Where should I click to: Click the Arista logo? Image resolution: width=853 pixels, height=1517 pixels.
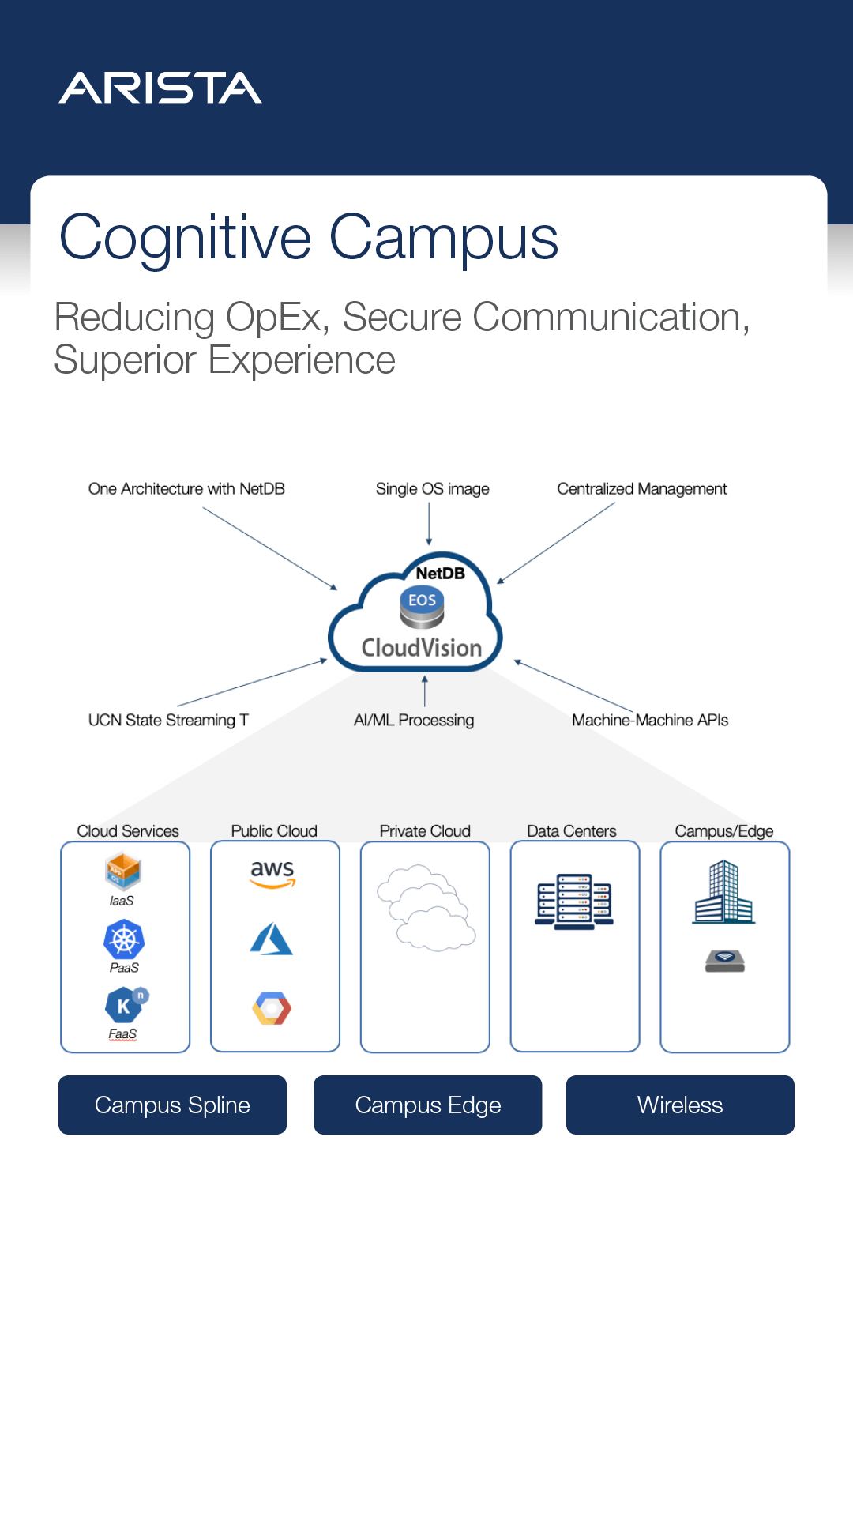point(160,88)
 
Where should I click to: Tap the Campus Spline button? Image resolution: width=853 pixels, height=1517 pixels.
point(172,1105)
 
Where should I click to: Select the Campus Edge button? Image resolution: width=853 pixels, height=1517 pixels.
point(427,1105)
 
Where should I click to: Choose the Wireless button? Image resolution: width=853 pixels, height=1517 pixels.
point(680,1105)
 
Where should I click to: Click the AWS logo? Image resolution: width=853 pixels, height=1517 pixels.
point(272,873)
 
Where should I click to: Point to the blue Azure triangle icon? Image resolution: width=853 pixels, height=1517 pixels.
point(272,939)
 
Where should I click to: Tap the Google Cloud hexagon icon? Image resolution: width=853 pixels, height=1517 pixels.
point(272,1008)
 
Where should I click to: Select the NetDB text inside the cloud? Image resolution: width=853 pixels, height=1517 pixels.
point(440,573)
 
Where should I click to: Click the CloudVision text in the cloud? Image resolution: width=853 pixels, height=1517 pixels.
point(422,648)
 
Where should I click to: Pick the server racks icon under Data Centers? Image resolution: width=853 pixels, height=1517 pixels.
point(574,901)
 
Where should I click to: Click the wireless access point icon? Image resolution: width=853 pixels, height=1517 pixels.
point(725,961)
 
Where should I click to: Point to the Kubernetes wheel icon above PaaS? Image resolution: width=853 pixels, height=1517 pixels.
point(124,940)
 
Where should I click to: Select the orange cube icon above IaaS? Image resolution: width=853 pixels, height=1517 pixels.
point(123,871)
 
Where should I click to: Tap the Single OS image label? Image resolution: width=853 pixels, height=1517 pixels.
point(432,489)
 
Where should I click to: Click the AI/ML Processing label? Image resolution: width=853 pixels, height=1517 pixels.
point(414,720)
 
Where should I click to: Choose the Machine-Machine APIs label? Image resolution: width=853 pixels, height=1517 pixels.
point(650,720)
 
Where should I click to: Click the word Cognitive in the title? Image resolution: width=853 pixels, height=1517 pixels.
point(186,238)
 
